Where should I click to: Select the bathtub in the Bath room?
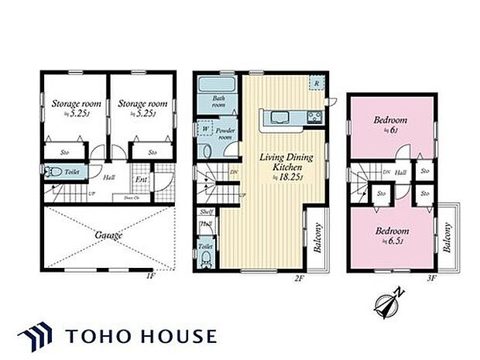point(218,85)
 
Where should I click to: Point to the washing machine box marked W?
point(205,128)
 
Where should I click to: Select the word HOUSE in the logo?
point(179,336)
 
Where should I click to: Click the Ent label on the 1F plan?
point(142,181)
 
